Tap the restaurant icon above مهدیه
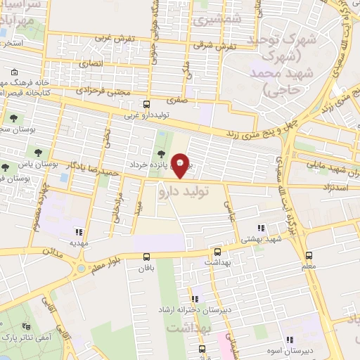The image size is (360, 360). [x=79, y=231]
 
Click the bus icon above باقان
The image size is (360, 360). [x=146, y=257]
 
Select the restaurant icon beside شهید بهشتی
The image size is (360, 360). [x=262, y=228]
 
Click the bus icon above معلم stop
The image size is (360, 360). [x=308, y=256]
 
